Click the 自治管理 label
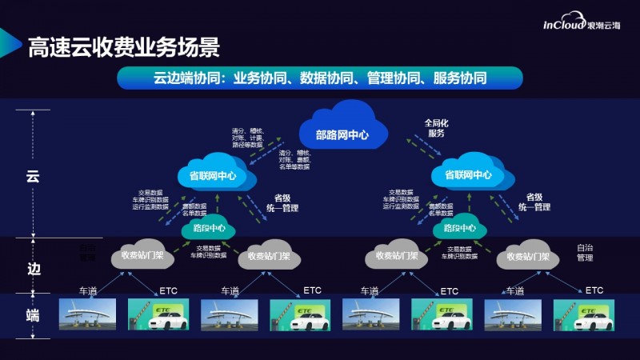[585, 253]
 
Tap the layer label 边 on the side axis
[33, 268]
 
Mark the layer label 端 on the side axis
[33, 315]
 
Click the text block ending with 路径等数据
[249, 138]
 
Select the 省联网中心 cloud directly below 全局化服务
[467, 175]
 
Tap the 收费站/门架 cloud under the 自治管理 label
[527, 257]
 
